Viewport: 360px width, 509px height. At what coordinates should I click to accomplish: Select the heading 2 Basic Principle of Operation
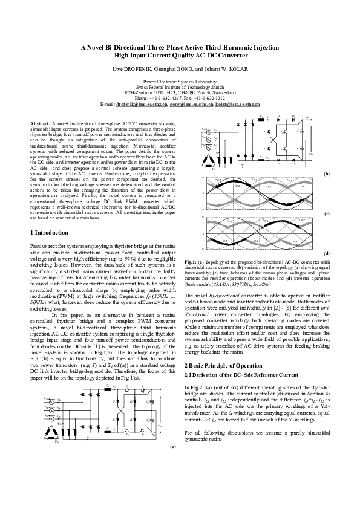click(227, 349)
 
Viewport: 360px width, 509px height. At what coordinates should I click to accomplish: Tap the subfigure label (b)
click(327, 173)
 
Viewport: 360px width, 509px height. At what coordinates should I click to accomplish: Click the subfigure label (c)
click(327, 214)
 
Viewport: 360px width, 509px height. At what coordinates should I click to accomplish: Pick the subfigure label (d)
click(327, 253)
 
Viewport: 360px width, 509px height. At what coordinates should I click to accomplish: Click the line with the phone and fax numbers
click(179, 97)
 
